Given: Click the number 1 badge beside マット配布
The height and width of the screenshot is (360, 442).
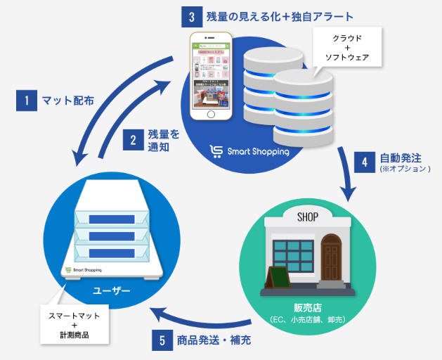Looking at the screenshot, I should pos(25,101).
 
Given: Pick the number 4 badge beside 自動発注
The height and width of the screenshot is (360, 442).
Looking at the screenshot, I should pos(365,162).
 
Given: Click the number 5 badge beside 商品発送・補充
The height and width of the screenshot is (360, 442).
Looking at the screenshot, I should pos(162,341).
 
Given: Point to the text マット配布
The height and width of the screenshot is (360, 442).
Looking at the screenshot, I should pos(68,101).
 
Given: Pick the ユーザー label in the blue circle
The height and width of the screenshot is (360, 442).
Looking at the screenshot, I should pos(111,290).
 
